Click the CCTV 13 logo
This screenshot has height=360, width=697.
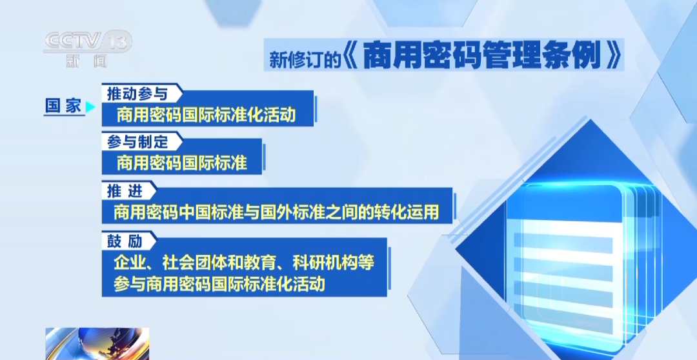coord(87,42)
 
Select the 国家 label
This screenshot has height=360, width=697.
coord(63,106)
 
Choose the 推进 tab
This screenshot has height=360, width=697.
coord(123,191)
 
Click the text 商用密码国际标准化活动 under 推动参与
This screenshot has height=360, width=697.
coord(207,115)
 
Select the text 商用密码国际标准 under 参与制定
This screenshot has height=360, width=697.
coord(182,163)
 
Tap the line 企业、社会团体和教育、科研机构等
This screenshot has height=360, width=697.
coord(244,263)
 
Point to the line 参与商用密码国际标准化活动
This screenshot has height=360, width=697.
coord(219,284)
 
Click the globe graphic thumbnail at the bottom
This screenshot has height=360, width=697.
coord(97,343)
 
